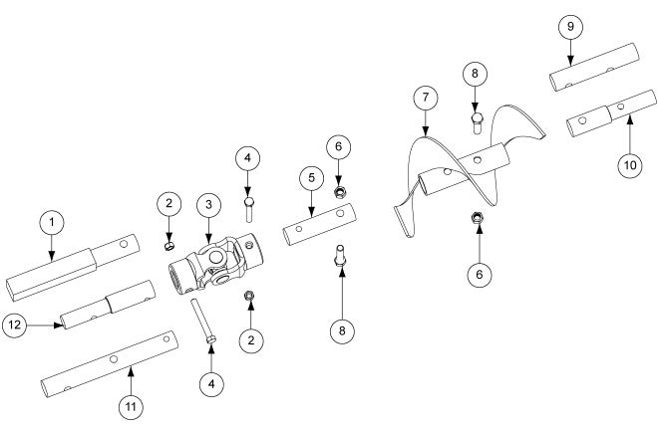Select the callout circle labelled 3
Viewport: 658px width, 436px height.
click(208, 203)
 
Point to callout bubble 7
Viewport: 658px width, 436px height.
click(426, 98)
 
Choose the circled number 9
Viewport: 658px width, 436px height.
click(569, 26)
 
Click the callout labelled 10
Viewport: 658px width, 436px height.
click(629, 165)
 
